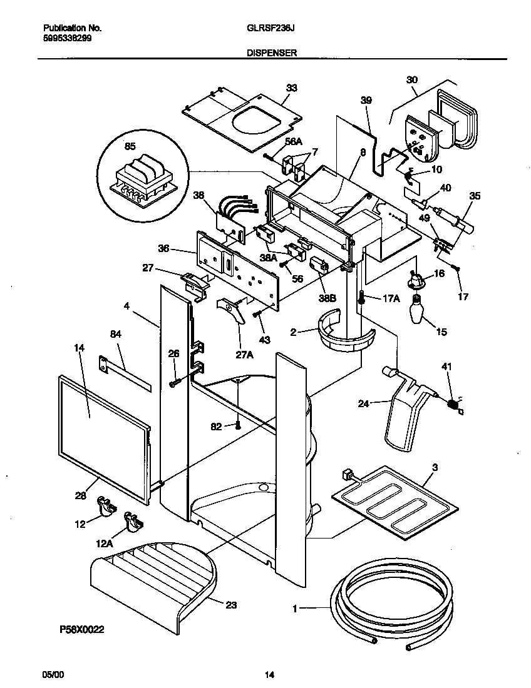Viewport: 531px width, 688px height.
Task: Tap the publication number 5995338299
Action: point(66,37)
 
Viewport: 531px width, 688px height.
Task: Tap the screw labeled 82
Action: point(238,426)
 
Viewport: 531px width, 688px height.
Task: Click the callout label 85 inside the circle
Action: point(130,147)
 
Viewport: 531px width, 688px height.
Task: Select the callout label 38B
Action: point(327,298)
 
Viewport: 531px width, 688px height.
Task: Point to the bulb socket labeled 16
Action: point(415,280)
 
